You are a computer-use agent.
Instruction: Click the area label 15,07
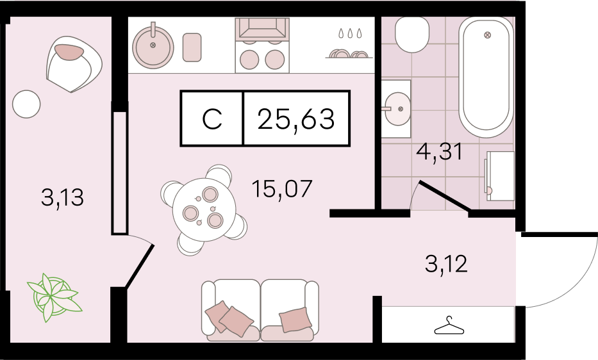pos(282,189)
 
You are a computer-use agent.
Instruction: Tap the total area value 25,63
pos(296,119)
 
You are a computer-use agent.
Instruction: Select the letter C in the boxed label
pos(212,119)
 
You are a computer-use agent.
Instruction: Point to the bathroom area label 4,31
pos(440,151)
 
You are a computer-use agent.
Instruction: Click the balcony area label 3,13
pos(62,198)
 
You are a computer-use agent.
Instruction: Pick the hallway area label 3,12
pos(446,264)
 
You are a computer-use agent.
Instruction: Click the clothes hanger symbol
pos(449,325)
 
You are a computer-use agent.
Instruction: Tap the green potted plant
pos(53,297)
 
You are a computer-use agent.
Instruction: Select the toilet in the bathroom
pos(412,35)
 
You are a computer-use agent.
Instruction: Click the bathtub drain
pos(487,35)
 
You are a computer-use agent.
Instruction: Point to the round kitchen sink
pos(153,47)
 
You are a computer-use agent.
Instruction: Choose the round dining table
pos(204,209)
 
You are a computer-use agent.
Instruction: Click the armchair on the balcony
pos(74,64)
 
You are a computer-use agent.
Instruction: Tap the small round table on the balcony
pos(26,104)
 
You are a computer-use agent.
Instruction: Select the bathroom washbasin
pos(397,109)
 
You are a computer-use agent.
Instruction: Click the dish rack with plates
pos(348,54)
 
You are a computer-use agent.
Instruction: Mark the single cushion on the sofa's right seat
pos(295,319)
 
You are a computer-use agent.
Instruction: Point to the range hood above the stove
pos(262,29)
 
